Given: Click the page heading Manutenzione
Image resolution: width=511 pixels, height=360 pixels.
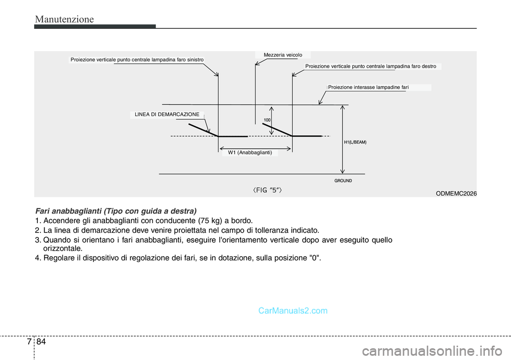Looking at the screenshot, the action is (64, 19).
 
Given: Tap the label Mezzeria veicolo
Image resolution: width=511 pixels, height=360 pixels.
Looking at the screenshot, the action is (283, 55).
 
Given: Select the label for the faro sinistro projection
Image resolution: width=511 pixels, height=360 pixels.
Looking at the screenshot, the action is (137, 60).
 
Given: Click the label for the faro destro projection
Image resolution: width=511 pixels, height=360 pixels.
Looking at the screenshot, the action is (370, 66).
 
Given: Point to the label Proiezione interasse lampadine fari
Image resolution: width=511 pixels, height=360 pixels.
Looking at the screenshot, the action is (368, 87).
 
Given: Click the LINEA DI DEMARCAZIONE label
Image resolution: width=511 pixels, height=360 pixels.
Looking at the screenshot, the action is (167, 114).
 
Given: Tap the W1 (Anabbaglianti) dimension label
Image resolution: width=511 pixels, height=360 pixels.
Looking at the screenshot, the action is (250, 153).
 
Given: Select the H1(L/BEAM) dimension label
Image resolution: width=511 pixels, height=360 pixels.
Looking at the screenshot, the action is (355, 142).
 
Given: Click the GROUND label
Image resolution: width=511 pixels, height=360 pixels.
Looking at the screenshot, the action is (343, 181).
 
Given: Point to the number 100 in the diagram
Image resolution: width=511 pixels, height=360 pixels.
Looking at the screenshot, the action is (267, 120).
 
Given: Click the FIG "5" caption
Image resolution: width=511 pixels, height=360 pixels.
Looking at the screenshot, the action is (267, 190).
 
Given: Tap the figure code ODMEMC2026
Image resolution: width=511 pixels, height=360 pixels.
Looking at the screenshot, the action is (456, 193).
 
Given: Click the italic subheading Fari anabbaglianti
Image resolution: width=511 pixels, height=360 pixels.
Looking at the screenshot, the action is (116, 211).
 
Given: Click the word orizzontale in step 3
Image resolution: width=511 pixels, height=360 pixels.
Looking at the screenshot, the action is (63, 249).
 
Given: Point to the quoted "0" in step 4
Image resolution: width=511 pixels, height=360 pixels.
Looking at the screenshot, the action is (314, 258).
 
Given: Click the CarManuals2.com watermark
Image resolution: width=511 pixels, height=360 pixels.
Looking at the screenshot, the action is (293, 310).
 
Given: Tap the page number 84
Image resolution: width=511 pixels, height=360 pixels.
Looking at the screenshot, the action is (42, 342).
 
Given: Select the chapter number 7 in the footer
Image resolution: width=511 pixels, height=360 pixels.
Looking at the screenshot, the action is (29, 342).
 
